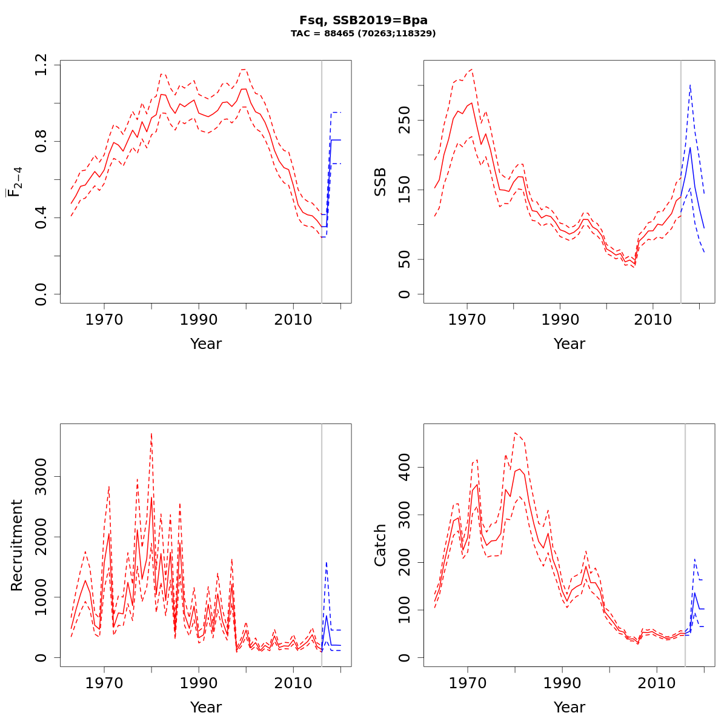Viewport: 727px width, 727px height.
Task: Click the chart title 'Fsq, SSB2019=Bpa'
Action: (363, 21)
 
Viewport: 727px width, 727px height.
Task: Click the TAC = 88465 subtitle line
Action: (363, 34)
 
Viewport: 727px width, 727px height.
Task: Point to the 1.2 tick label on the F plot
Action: (41, 65)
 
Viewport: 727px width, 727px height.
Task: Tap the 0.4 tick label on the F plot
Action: (41, 218)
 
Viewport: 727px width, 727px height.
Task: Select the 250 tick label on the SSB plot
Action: (405, 119)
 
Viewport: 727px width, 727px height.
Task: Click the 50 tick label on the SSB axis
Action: (405, 259)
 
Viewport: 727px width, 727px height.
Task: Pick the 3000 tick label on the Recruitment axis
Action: (41, 476)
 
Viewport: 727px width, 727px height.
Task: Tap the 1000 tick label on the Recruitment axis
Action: (41, 597)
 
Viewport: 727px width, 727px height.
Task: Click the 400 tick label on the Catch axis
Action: (405, 467)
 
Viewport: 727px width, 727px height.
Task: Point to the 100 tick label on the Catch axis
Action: (405, 610)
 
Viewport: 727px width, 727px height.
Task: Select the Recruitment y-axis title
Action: (17, 545)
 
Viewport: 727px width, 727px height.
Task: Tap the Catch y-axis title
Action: (380, 545)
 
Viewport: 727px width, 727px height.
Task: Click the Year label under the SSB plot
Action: (569, 344)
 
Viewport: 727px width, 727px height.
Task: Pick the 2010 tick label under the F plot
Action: (293, 320)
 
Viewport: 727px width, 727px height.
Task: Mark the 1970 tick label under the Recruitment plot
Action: (104, 683)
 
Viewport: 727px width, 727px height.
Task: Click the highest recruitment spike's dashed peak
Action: (151, 434)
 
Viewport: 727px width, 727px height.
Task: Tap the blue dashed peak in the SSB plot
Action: (690, 85)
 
